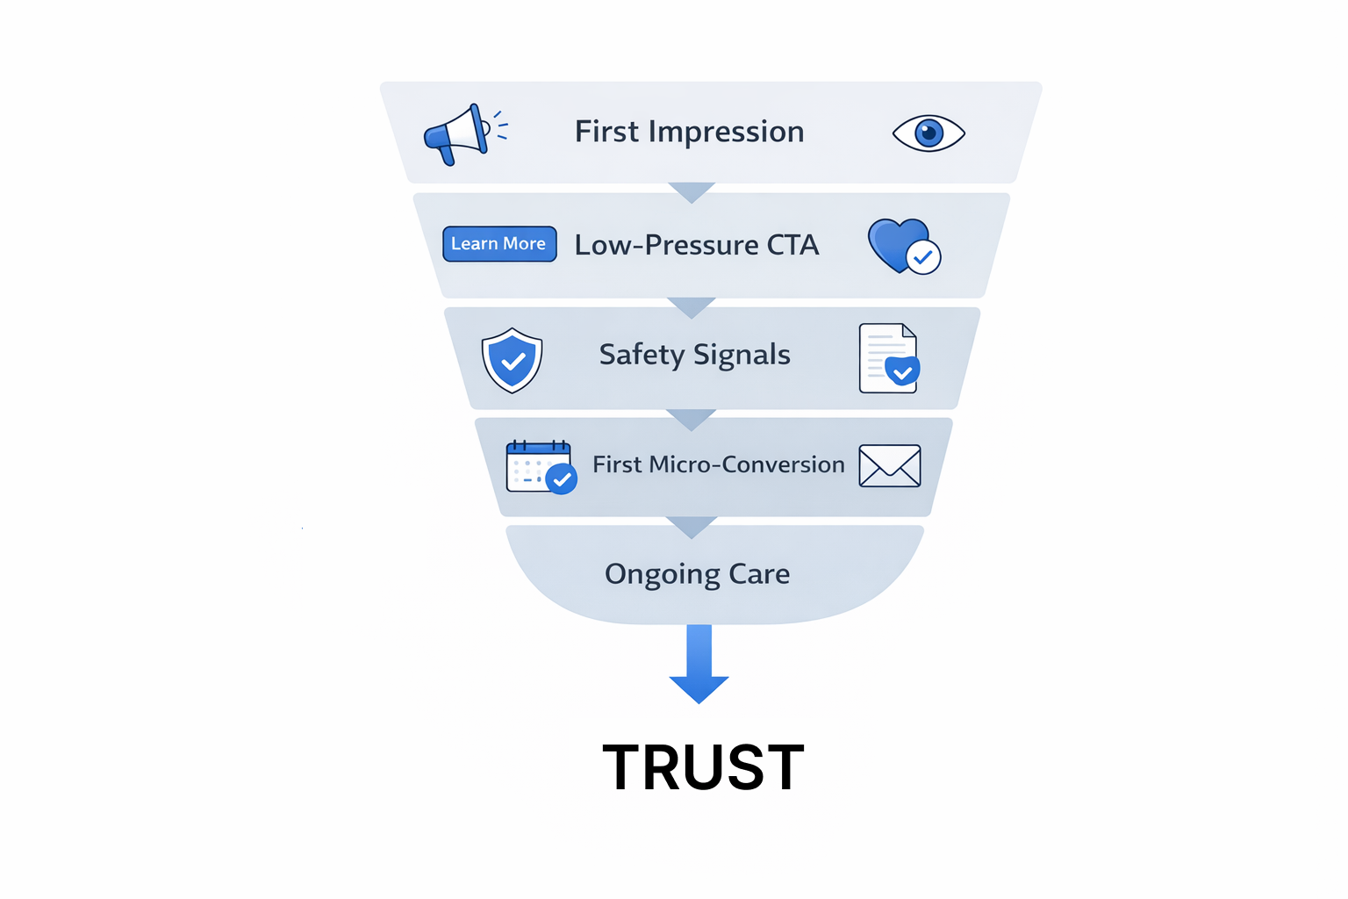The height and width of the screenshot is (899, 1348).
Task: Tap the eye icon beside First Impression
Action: coord(929,133)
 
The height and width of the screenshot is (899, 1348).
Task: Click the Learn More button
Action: coord(499,244)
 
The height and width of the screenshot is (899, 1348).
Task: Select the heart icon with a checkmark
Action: coord(902,246)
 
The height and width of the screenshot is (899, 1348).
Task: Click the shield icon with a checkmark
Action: coord(513,360)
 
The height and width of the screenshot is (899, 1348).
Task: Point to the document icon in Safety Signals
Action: coord(888,358)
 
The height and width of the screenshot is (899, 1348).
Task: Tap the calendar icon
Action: coord(539,466)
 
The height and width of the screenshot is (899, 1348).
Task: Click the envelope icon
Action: coord(890,465)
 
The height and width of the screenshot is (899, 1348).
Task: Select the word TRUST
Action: coord(703,767)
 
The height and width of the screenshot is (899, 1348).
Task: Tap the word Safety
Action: coord(642,355)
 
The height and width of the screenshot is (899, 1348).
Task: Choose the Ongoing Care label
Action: coord(698,574)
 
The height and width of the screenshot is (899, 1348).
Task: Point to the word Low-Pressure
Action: coord(666,245)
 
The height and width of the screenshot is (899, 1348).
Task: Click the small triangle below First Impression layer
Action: coord(692,191)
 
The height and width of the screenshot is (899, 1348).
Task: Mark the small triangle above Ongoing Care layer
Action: coord(692,526)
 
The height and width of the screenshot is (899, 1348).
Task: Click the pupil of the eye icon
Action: coord(929,133)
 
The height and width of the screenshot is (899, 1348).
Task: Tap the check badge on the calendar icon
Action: coord(562,479)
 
